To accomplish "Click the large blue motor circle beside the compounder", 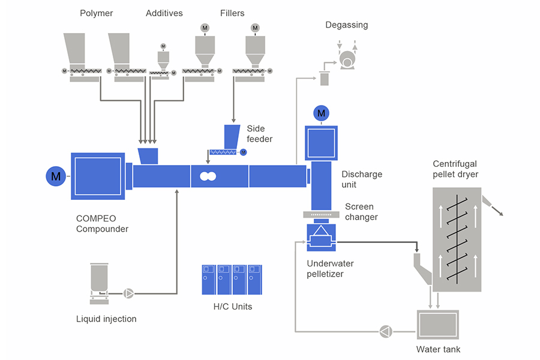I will [56, 176].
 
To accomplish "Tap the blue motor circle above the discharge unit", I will [322, 113].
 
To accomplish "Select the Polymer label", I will [96, 13].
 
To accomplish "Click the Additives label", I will [164, 13].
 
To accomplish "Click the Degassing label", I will [347, 25].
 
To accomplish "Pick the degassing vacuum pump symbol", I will [347, 59].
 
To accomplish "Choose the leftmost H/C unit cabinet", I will [209, 280].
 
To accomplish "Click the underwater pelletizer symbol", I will [321, 238].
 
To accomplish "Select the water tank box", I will [437, 325].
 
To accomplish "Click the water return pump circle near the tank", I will [385, 331].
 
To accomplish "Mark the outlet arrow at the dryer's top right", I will [498, 208].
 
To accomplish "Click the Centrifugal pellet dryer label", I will [457, 169].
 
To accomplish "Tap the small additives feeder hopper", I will [162, 58].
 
